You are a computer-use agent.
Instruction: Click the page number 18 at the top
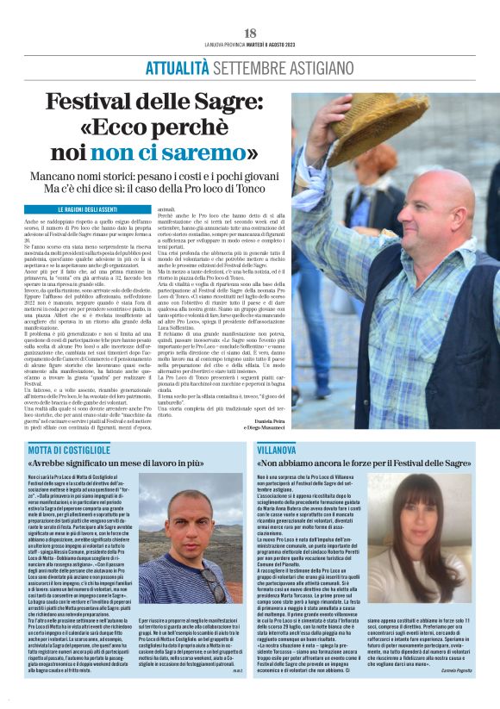(250, 33)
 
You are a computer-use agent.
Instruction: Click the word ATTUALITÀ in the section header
(177, 68)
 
